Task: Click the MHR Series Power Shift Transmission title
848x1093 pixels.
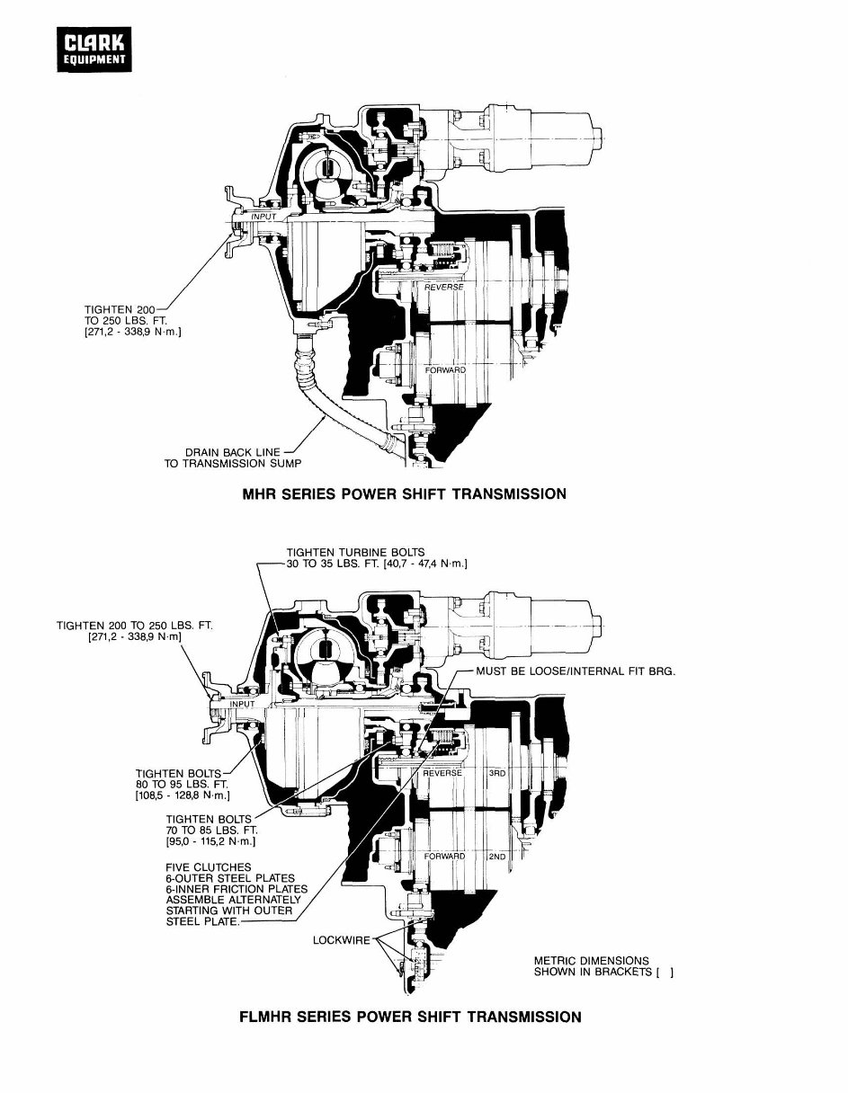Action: pos(404,493)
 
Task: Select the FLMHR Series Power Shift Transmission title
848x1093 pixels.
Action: pos(410,1017)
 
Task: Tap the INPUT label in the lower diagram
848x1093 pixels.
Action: pos(242,704)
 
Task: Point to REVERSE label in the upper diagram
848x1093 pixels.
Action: pos(443,288)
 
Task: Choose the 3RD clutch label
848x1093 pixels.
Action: pos(497,773)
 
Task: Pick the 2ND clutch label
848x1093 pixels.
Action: pos(497,857)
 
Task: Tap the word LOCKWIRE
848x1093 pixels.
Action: pos(342,940)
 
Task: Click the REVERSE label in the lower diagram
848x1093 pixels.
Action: pos(442,773)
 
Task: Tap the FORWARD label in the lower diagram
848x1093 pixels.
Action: pos(444,857)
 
